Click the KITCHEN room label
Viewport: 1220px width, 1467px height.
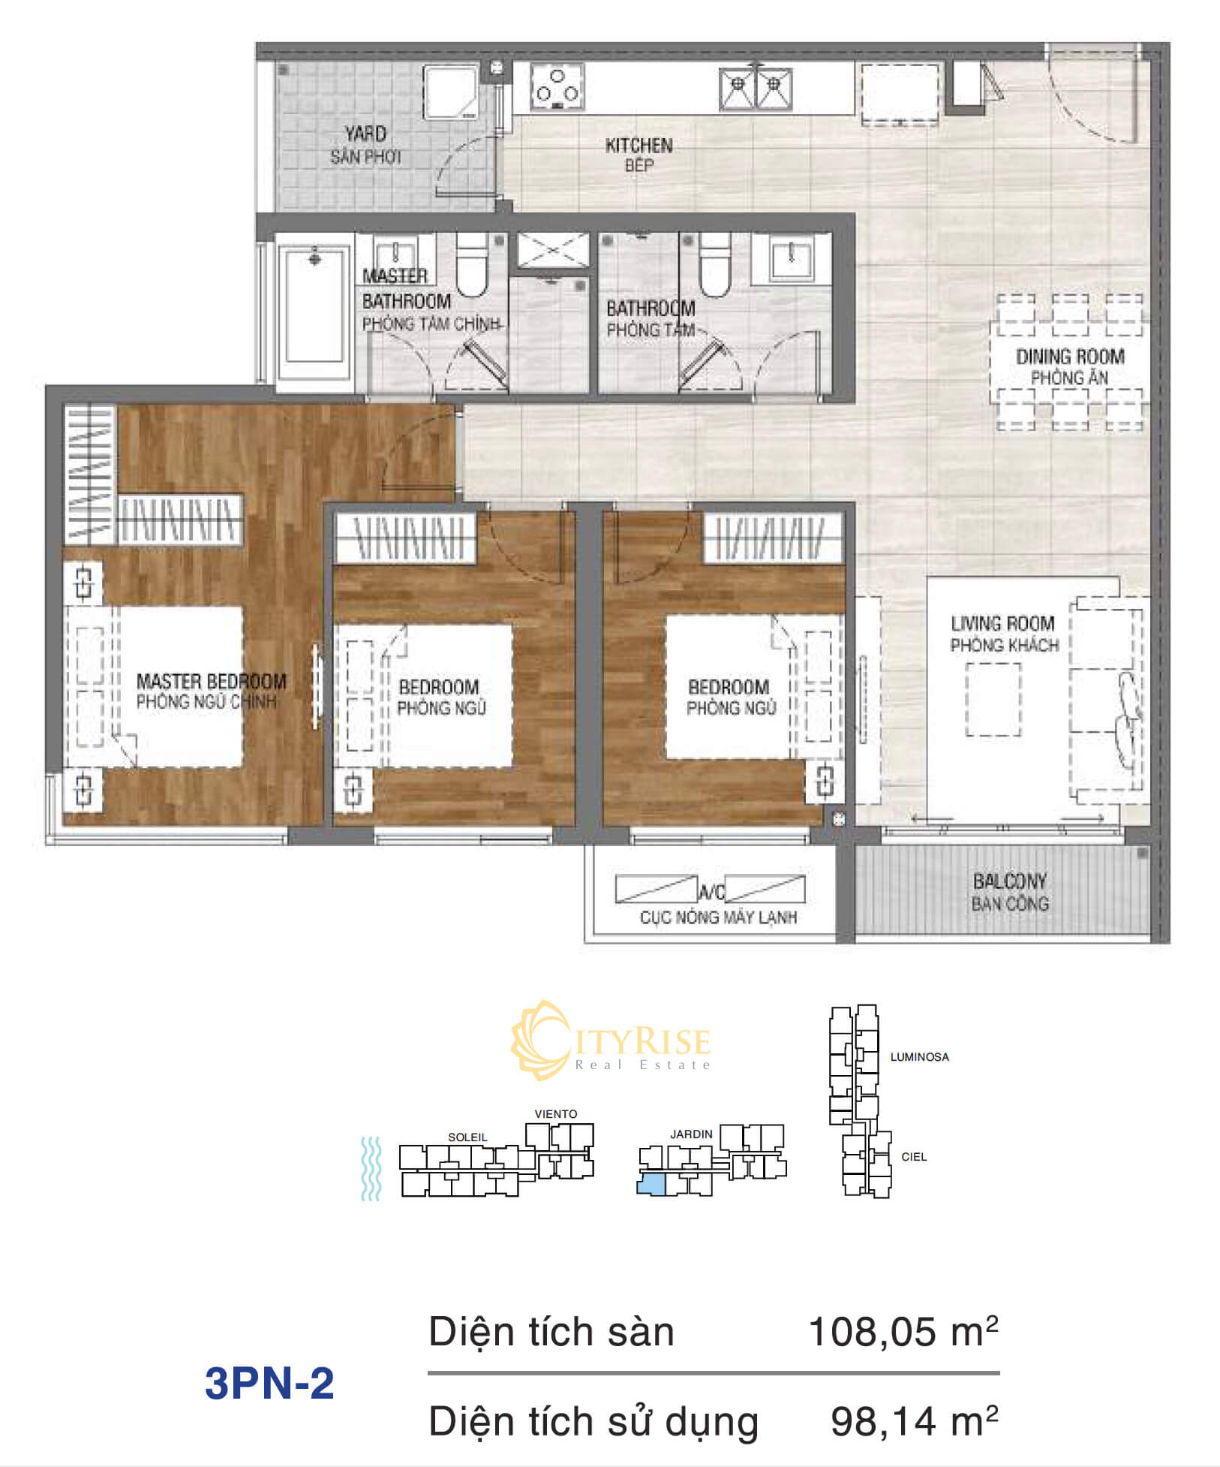639,145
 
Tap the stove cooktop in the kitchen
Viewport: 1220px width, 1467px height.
556,88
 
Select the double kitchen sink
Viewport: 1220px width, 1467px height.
756,89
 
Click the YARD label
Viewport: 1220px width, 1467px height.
365,134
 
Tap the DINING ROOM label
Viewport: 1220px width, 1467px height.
1070,357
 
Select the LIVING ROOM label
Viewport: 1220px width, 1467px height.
1002,623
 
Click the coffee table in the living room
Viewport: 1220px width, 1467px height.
993,700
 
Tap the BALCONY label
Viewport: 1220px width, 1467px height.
1010,880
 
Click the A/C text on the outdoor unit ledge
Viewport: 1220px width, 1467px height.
711,892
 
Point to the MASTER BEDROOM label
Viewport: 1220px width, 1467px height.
211,681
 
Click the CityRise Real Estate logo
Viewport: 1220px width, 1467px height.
611,1041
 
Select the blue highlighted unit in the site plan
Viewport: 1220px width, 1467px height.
651,1185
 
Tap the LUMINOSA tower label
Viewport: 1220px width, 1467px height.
919,1057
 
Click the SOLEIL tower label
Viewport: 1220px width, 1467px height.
467,1137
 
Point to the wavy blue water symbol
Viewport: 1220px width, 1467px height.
371,1168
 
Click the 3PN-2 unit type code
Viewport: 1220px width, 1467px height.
269,1383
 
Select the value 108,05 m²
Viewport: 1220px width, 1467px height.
903,1333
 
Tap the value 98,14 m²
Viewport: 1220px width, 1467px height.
915,1421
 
